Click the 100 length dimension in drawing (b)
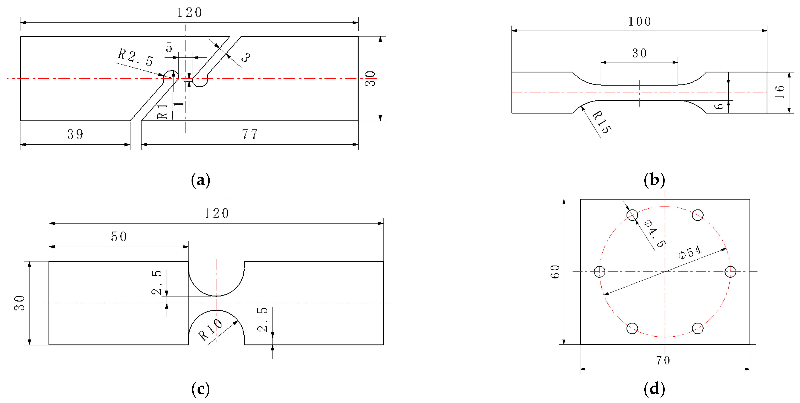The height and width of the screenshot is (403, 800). coord(639,21)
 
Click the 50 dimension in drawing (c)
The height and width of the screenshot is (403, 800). coord(119,237)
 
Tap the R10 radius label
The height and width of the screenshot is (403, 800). coord(210,330)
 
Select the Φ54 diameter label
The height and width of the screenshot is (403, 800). coord(690,252)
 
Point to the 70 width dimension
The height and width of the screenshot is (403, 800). coord(663,360)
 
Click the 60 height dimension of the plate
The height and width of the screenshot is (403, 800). coord(555,272)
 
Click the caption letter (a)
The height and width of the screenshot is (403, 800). coord(201,180)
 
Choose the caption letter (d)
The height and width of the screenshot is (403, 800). coord(654,389)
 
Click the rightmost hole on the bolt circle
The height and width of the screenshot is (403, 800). coord(730,271)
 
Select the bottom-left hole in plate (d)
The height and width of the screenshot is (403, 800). coord(632,328)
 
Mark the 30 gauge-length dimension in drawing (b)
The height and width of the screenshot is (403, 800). coord(639,53)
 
